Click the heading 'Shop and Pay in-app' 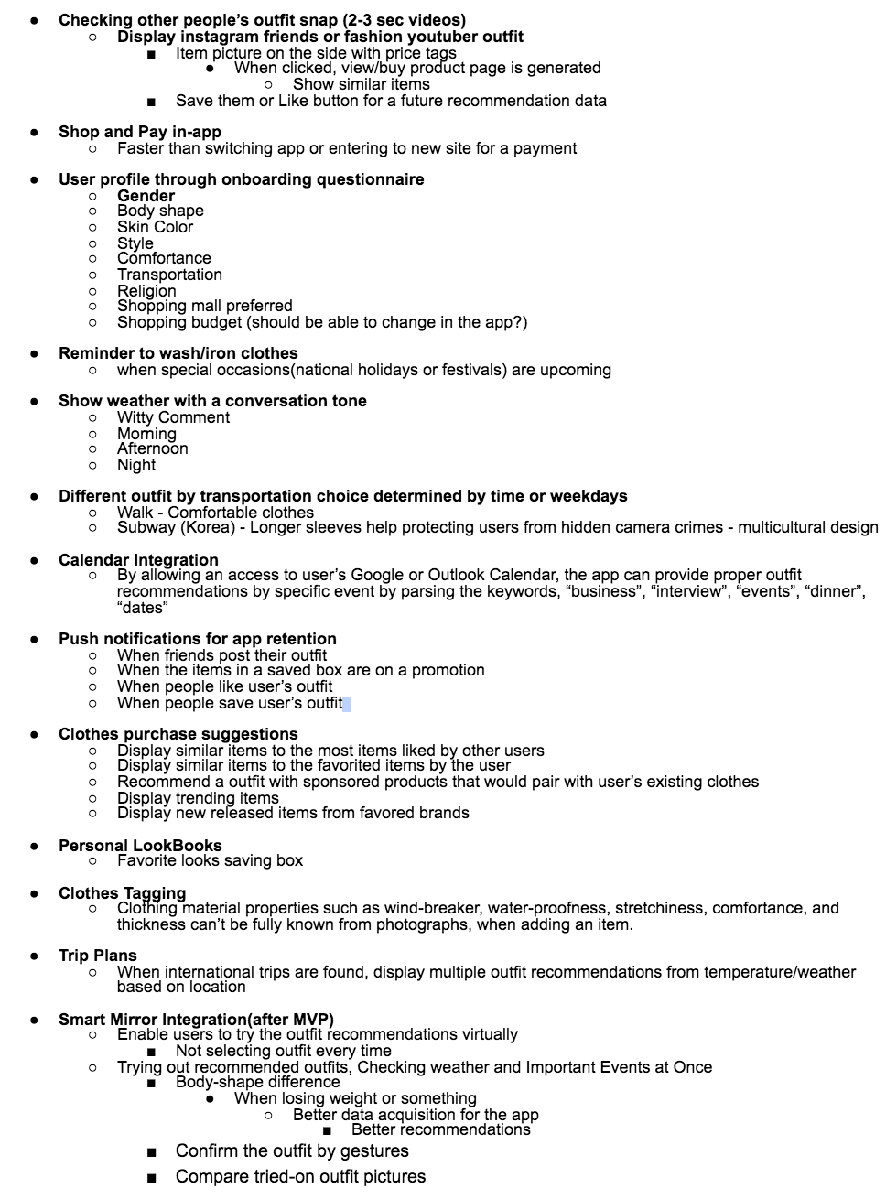[139, 132]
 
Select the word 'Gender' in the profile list [146, 196]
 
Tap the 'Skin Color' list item [155, 227]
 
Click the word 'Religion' [146, 291]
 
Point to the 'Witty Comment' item [173, 417]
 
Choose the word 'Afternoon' [152, 448]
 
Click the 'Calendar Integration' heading [138, 560]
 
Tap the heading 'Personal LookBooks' [140, 846]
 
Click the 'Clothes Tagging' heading [122, 893]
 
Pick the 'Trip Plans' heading [97, 956]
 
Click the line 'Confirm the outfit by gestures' [292, 1151]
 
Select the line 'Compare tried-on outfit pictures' [300, 1177]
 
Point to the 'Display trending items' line [198, 798]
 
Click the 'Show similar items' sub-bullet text [361, 84]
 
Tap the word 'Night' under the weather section [136, 465]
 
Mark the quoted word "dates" [142, 608]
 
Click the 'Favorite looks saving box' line [210, 860]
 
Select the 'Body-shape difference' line [257, 1082]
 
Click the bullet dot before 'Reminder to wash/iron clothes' [34, 353]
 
